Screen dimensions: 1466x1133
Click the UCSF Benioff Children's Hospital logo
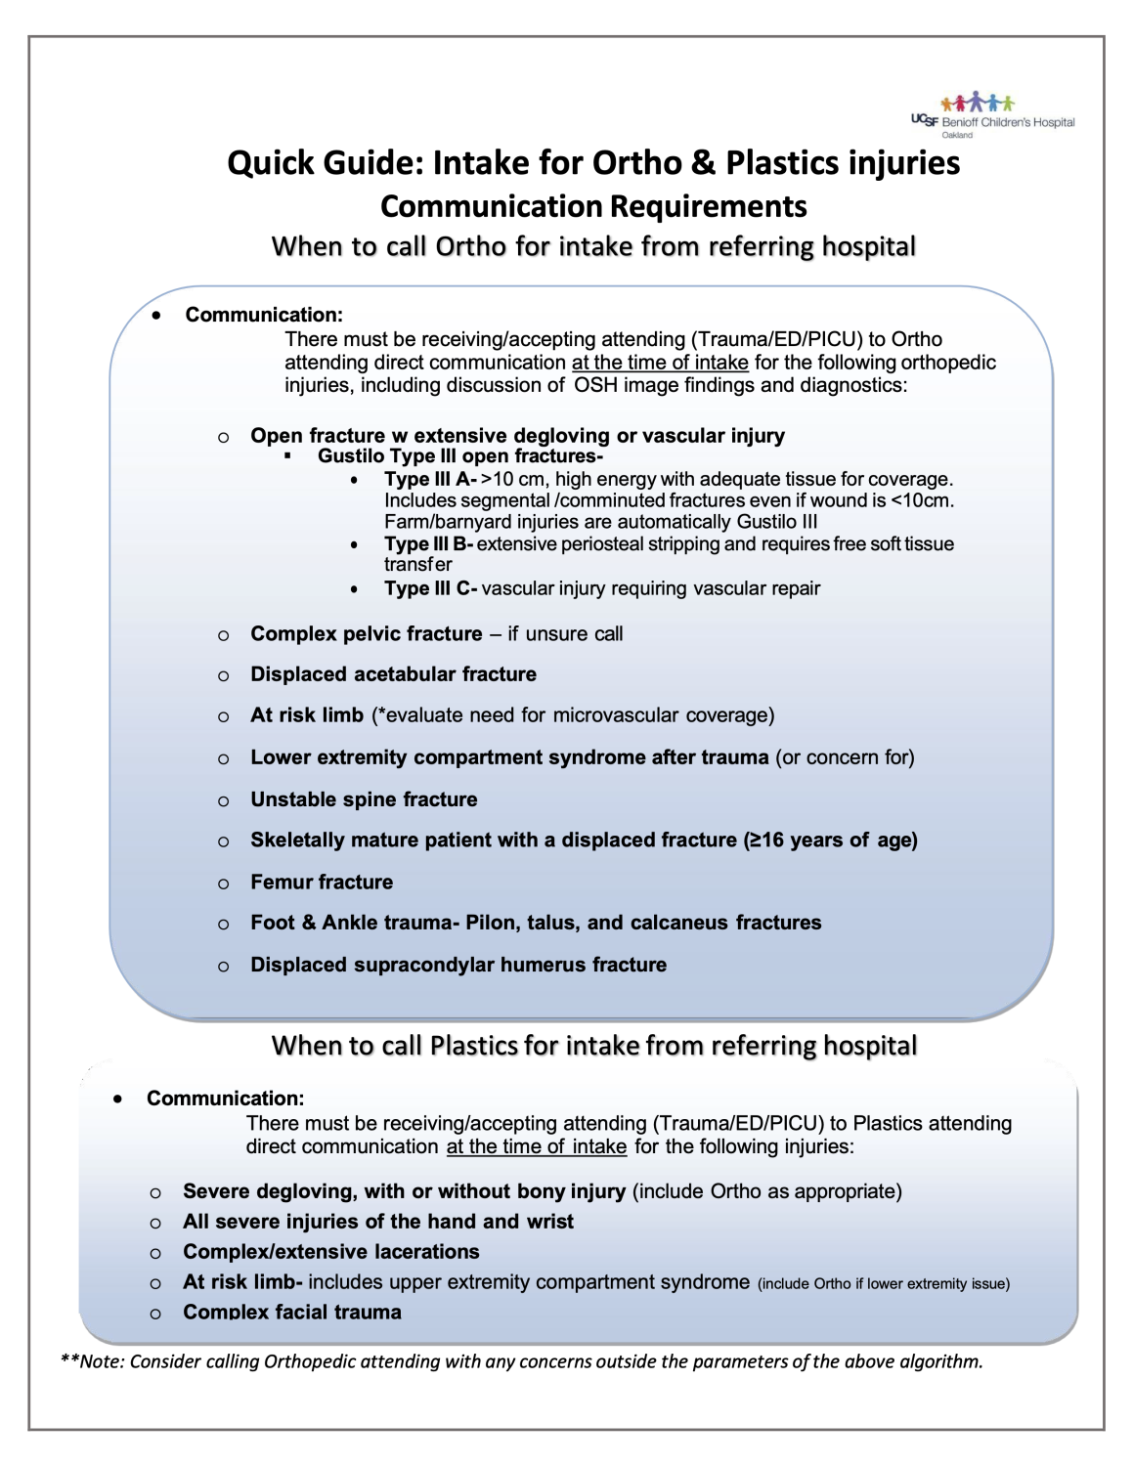(992, 115)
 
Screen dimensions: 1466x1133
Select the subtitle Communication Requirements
(593, 206)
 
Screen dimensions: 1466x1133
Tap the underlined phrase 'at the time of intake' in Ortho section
(660, 363)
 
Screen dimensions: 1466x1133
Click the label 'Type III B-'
(428, 543)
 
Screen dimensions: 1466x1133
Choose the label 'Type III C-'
(430, 588)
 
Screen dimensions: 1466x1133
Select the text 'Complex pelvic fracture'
(367, 634)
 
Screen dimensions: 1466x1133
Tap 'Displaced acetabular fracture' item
(393, 674)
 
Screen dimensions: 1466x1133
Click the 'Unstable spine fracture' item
(364, 799)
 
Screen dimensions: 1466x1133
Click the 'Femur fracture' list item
(322, 883)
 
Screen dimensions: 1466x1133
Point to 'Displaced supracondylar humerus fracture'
(458, 965)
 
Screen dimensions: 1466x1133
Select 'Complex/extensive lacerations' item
(330, 1252)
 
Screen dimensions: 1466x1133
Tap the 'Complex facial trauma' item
(291, 1313)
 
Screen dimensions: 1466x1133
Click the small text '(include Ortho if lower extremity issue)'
(884, 1284)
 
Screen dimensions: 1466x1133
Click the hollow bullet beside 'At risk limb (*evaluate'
(224, 717)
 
